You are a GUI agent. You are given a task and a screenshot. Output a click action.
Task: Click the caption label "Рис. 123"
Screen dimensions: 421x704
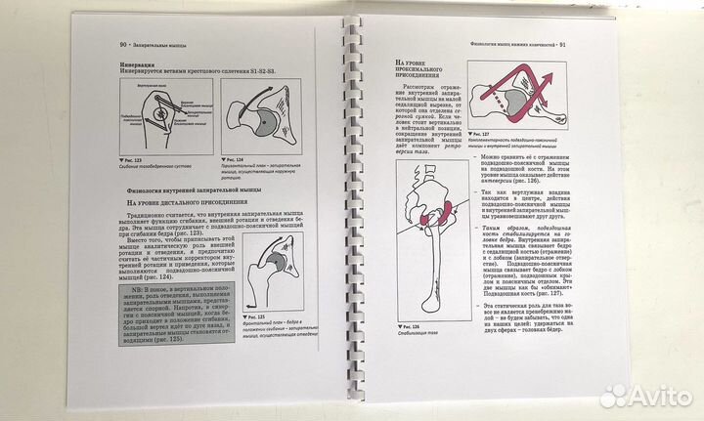coord(134,156)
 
